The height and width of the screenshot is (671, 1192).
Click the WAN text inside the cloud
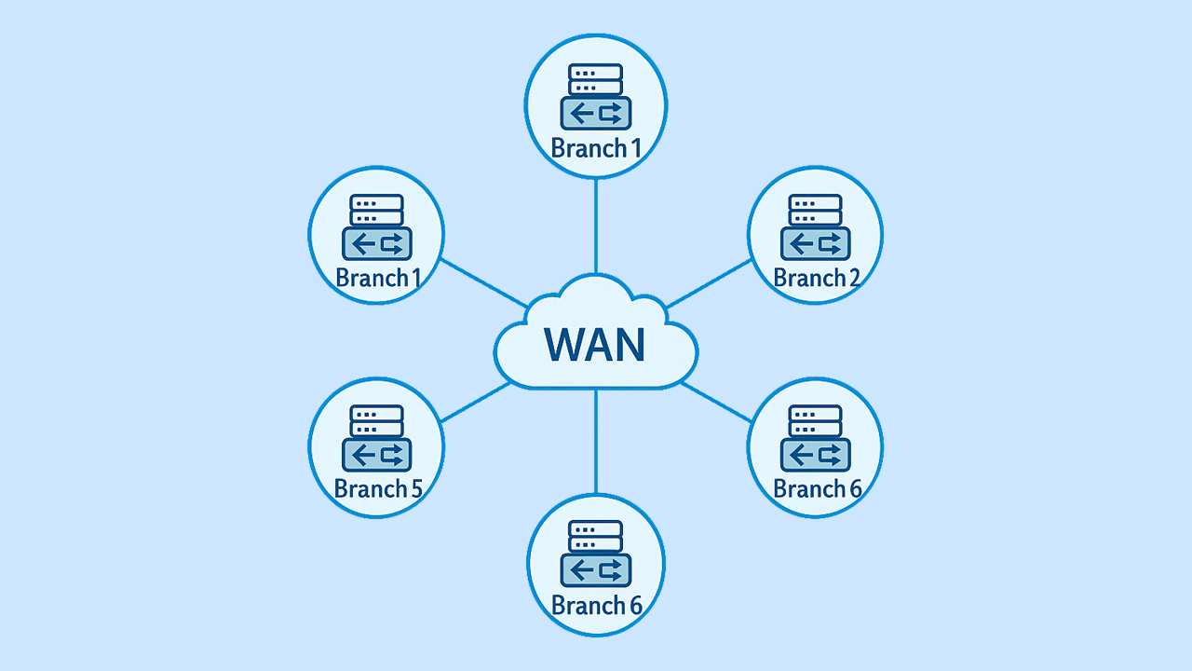point(595,344)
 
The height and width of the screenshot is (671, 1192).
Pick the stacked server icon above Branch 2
point(815,210)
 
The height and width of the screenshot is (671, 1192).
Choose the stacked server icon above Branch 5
point(376,421)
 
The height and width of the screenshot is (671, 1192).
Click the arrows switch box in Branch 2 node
point(815,244)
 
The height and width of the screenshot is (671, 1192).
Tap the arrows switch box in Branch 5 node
point(376,455)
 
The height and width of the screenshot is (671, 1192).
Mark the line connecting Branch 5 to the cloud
point(475,403)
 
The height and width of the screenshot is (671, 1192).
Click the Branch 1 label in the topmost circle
point(596,148)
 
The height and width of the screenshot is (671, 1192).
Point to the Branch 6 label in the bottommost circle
point(597,606)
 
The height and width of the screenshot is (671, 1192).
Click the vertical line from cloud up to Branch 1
point(596,224)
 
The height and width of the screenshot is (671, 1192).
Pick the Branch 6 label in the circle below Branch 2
point(817,488)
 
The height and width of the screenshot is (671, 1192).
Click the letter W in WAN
point(564,344)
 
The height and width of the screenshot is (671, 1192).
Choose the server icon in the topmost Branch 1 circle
point(596,79)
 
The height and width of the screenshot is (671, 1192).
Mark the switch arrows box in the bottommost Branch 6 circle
point(596,569)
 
